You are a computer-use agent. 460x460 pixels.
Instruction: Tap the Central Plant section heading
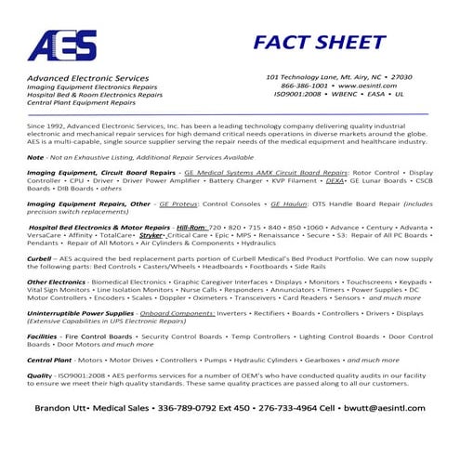pos(50,359)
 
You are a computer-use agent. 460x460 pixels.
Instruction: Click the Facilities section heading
pos(43,336)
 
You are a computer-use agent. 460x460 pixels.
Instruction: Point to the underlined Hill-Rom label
pos(191,227)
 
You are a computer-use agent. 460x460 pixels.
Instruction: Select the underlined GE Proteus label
pos(178,204)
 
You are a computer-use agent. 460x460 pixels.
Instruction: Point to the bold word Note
pos(35,158)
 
